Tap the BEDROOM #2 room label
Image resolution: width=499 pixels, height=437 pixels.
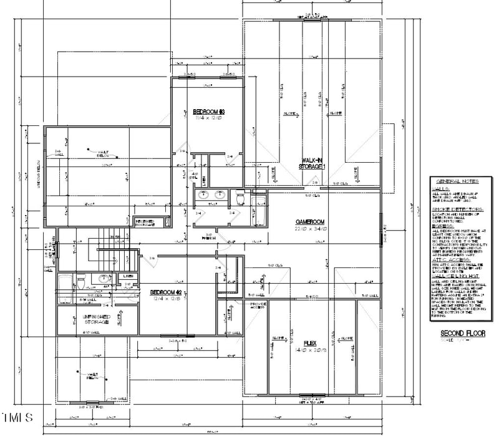(x=165, y=292)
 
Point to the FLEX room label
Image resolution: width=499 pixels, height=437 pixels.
(x=309, y=343)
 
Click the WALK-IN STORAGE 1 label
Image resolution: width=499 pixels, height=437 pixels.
(x=313, y=163)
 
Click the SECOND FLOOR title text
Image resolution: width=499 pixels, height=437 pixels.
(x=462, y=334)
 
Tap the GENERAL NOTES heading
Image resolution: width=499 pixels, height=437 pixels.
(x=457, y=180)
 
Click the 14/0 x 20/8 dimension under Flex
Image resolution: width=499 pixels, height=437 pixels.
(x=309, y=350)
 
